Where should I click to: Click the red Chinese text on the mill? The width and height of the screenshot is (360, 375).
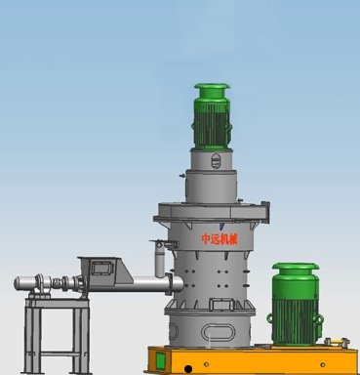tap(215, 239)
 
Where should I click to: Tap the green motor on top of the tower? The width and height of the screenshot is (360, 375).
tap(212, 117)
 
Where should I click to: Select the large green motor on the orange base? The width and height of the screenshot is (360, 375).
tap(295, 305)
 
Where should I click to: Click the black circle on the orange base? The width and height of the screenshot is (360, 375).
tap(188, 369)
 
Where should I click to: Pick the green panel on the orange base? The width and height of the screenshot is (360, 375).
tap(160, 360)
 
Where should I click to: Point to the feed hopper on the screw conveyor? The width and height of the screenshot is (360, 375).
tap(104, 270)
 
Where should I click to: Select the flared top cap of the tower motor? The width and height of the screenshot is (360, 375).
tap(212, 87)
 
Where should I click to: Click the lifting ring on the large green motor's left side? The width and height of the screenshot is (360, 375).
tap(270, 318)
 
